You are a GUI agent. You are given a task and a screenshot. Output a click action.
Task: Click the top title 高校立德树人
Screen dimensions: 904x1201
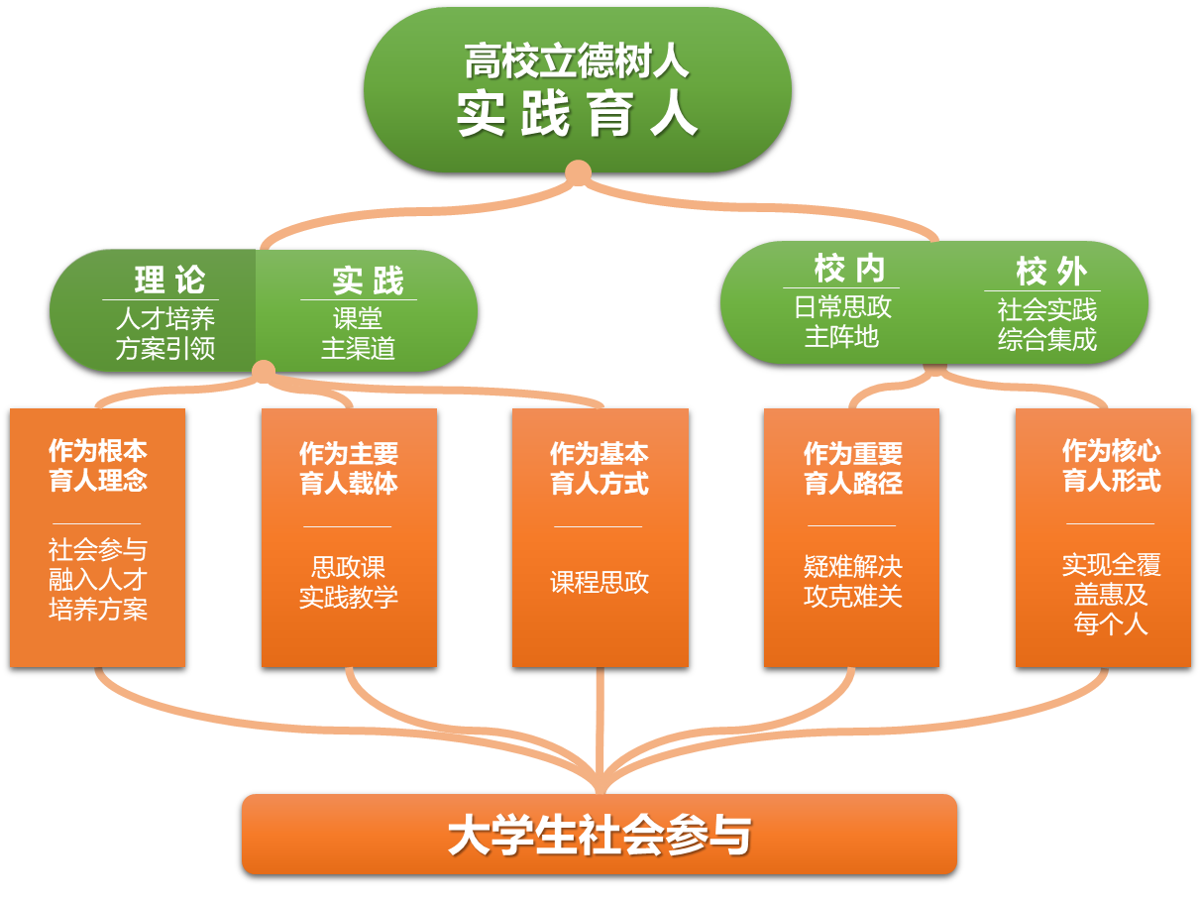click(x=577, y=61)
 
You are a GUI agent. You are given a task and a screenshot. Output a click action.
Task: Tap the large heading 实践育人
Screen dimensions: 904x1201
click(x=577, y=115)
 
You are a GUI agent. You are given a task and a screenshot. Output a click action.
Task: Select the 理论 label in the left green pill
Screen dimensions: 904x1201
click(x=169, y=281)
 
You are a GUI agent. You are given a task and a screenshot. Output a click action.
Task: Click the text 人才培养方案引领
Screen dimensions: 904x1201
click(x=165, y=334)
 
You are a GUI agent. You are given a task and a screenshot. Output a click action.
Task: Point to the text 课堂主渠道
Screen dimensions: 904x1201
click(x=358, y=334)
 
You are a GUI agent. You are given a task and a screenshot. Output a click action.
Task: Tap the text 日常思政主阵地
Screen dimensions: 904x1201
click(x=842, y=322)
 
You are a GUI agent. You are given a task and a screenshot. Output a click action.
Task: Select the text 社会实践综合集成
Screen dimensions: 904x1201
click(x=1046, y=325)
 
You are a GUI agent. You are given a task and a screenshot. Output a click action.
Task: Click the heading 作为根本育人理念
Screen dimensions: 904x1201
click(x=97, y=466)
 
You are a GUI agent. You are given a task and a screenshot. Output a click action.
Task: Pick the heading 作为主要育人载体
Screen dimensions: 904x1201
click(x=349, y=469)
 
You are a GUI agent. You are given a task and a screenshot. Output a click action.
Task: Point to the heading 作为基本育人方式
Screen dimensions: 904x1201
click(x=600, y=469)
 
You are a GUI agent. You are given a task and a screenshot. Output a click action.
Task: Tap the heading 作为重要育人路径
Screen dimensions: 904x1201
click(x=852, y=469)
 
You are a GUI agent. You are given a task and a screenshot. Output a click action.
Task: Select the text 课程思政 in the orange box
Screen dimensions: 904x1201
click(x=600, y=582)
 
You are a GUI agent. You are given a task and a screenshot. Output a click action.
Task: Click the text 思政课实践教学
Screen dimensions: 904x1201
click(x=349, y=583)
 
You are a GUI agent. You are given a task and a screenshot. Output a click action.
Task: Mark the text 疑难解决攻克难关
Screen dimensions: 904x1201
click(x=852, y=582)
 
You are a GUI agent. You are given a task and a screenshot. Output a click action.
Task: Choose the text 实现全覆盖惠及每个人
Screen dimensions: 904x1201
click(x=1111, y=594)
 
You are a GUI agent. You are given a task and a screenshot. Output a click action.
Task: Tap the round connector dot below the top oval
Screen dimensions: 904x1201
click(x=578, y=173)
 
